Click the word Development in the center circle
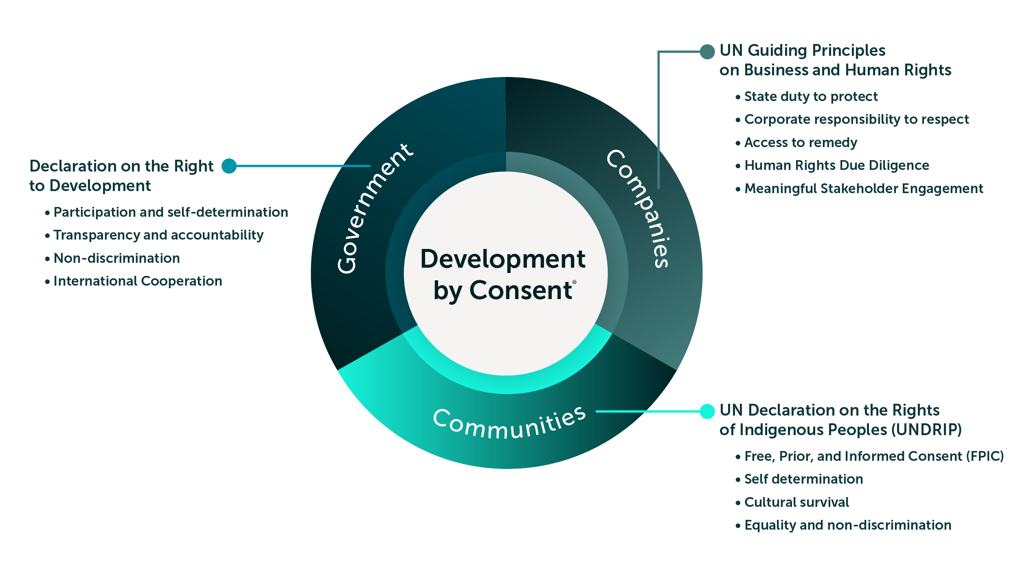tap(503, 259)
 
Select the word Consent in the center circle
tap(521, 290)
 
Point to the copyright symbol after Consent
tap(575, 282)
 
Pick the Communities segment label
tap(509, 424)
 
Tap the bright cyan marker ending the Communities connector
tap(709, 412)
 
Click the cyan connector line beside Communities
tap(647, 412)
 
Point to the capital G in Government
tap(347, 264)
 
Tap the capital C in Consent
tap(479, 290)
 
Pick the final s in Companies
tap(661, 261)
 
